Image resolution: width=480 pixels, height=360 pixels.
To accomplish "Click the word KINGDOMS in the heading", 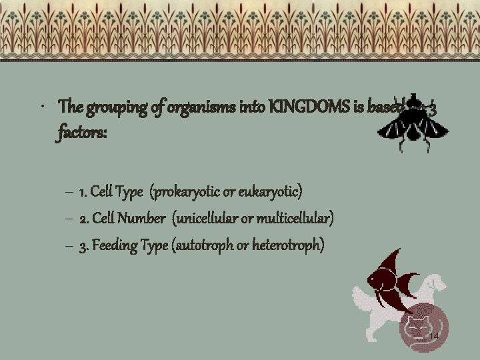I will [302, 106].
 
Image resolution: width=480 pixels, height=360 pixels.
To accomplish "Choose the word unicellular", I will [204, 219].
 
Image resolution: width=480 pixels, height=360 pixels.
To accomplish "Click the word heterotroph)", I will [289, 245].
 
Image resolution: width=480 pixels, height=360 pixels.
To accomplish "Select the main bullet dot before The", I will [42, 107].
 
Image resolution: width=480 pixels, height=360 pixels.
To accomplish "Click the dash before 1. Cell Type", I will [70, 193].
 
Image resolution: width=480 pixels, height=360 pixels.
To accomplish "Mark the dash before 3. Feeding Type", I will [70, 246].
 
